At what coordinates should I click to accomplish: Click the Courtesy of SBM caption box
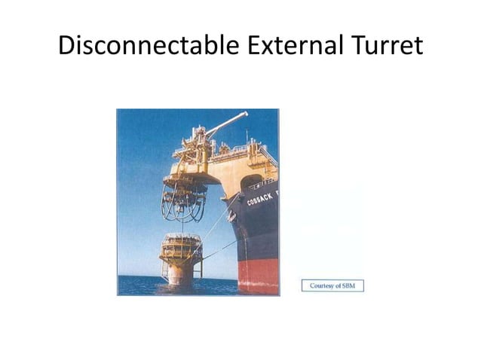click(x=332, y=286)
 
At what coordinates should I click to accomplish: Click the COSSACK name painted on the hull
click(x=262, y=197)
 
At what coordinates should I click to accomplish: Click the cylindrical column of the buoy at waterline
click(x=180, y=275)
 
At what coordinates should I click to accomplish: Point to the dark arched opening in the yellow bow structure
click(x=251, y=182)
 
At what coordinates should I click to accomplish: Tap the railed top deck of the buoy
click(x=181, y=240)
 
